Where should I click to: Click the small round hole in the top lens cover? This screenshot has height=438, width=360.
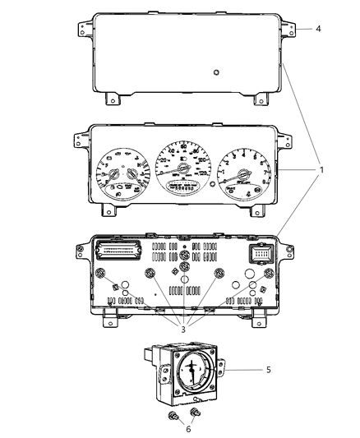tap(215, 72)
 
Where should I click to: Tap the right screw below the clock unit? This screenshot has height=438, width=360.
tap(197, 413)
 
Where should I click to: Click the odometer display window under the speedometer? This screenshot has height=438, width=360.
tap(182, 187)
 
